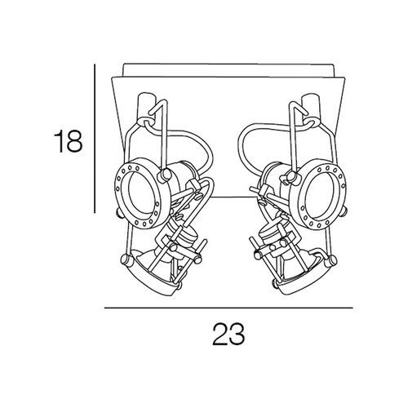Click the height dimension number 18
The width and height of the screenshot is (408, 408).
pos(68,141)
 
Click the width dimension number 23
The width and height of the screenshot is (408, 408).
pos(228,334)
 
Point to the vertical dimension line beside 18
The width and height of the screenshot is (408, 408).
pos(95,139)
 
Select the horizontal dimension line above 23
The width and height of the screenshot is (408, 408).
pos(228,308)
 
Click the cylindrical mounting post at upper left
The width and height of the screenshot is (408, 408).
pos(147,109)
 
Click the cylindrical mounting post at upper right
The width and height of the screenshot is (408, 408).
pos(312,109)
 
